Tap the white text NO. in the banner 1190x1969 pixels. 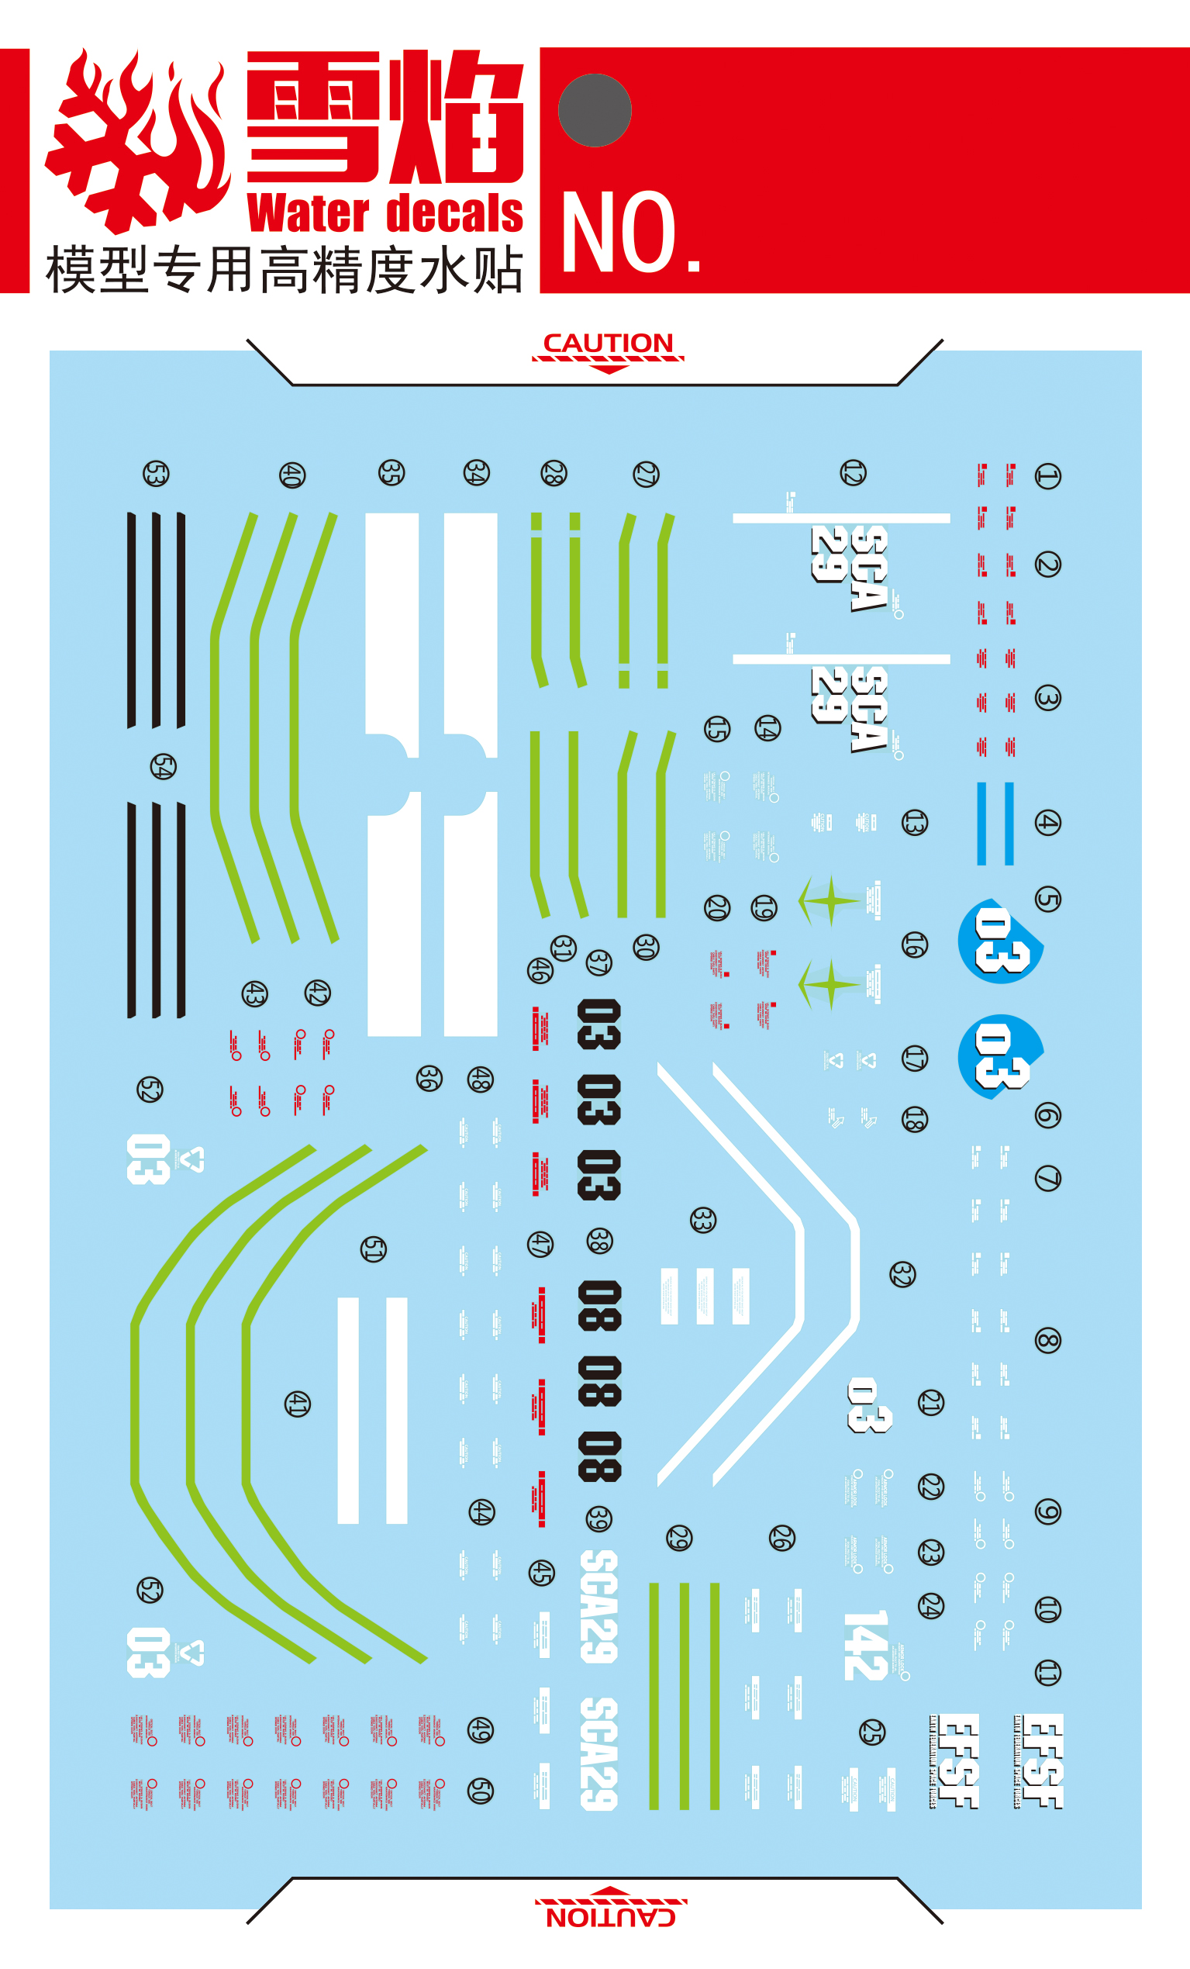pyautogui.click(x=631, y=233)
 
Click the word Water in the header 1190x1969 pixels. pyautogui.click(x=309, y=213)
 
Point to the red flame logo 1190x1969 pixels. pyautogui.click(x=136, y=143)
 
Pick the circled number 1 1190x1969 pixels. pyautogui.click(x=1047, y=476)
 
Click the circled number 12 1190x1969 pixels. pyautogui.click(x=853, y=472)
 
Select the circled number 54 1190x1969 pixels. pyautogui.click(x=163, y=767)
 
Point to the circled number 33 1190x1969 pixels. pyautogui.click(x=702, y=1220)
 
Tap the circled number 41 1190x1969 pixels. pyautogui.click(x=297, y=1403)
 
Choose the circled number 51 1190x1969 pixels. pyautogui.click(x=373, y=1249)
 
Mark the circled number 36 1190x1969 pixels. pyautogui.click(x=429, y=1078)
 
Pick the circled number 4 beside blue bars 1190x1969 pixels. pyautogui.click(x=1047, y=822)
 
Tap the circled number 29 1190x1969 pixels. pyautogui.click(x=679, y=1537)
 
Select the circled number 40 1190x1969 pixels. pyautogui.click(x=291, y=475)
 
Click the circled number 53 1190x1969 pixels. pyautogui.click(x=156, y=474)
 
